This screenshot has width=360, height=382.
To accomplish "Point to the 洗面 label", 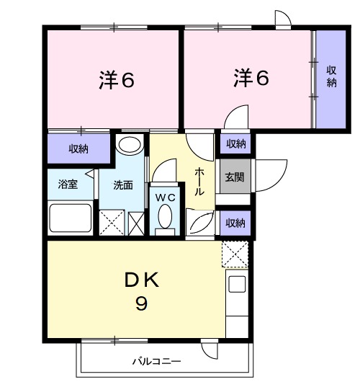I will point(122,185).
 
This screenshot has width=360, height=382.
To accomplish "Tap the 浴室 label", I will point(68,184).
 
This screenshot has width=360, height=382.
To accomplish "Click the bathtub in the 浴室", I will point(70,218).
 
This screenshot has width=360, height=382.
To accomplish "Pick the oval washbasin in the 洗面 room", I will point(129,144).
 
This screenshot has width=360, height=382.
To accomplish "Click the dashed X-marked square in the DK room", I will point(235,254).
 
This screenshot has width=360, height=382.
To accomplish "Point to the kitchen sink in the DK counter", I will point(238,284).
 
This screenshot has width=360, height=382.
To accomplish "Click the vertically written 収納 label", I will point(330,76).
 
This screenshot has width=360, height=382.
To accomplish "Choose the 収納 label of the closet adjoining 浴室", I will point(78,149).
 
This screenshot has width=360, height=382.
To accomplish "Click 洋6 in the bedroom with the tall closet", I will point(251,77).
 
